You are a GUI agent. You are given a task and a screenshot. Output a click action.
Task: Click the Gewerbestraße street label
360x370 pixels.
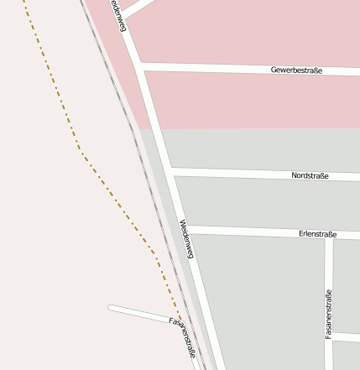click(297, 70)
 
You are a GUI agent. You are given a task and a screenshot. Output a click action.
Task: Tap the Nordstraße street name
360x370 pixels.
click(310, 175)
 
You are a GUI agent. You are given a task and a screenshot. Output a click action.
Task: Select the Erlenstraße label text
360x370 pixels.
click(317, 234)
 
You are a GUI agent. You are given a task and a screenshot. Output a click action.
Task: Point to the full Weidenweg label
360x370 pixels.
click(186, 238)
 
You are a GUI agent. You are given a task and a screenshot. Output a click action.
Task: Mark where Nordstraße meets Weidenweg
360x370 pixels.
click(170, 171)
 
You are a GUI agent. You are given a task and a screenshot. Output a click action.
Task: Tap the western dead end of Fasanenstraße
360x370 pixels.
click(110, 308)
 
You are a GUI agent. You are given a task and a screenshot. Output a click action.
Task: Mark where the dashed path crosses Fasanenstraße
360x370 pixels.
click(176, 320)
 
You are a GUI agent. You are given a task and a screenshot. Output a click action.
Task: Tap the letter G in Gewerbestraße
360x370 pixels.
click(274, 70)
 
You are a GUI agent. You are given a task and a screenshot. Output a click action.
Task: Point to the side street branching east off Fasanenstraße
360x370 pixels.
click(346, 336)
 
